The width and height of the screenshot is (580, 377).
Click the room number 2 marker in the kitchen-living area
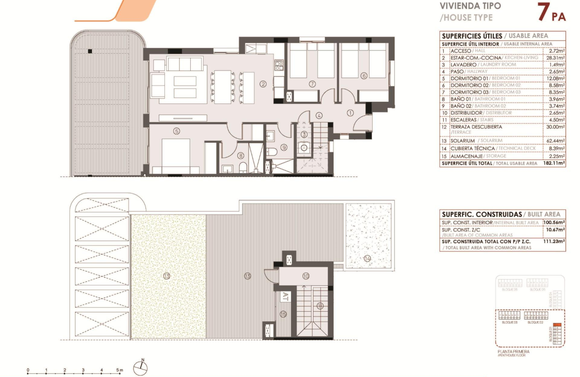(x=263, y=84)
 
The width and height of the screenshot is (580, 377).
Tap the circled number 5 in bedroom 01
(x=176, y=131)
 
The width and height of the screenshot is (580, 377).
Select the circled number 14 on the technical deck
(x=367, y=259)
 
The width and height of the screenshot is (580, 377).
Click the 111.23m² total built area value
(x=554, y=241)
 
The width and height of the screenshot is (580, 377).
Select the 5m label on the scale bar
(x=120, y=370)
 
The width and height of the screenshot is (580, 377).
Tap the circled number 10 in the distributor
(x=306, y=276)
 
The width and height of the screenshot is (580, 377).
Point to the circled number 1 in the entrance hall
(x=350, y=112)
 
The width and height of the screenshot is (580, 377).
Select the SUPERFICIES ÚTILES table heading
(x=472, y=36)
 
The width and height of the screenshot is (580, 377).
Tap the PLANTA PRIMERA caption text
(x=513, y=352)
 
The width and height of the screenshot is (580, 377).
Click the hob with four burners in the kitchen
(x=278, y=65)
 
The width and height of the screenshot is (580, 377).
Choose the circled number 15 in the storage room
(x=283, y=314)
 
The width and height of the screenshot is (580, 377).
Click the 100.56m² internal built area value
(x=554, y=223)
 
